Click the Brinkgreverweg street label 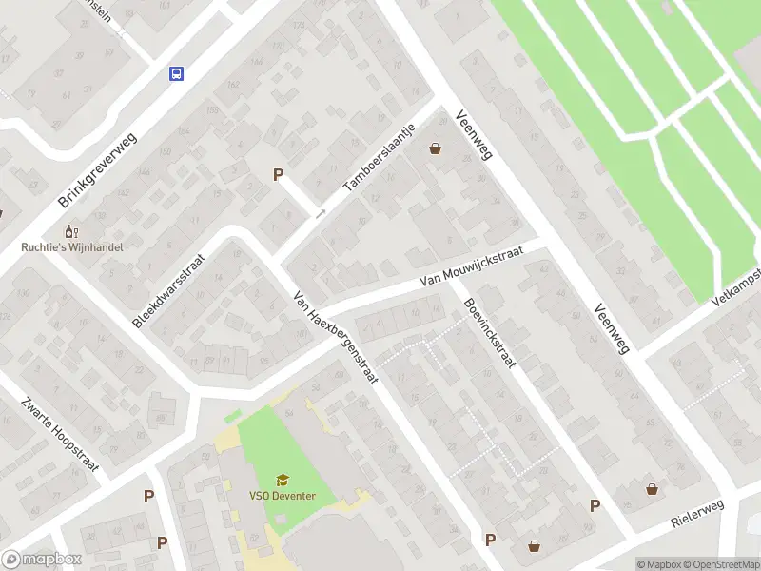[x=99, y=170]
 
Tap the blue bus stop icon [x=176, y=73]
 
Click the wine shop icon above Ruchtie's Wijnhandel [x=68, y=231]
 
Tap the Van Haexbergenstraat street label [x=336, y=336]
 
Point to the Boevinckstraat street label [x=488, y=336]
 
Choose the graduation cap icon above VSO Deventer [x=282, y=480]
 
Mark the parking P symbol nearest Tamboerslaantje [x=278, y=174]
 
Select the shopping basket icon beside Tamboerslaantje [x=436, y=148]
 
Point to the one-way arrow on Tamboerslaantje [x=321, y=214]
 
